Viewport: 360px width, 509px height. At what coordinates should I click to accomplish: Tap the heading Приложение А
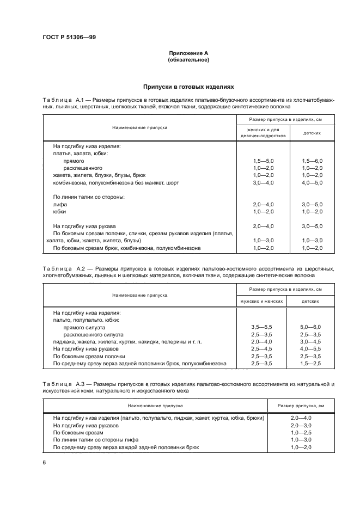[188, 53]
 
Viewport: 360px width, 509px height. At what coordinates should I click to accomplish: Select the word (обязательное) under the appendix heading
[188, 60]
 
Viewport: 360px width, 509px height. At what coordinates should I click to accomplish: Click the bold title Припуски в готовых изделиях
[188, 86]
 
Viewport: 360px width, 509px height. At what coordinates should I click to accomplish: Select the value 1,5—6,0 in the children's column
[312, 162]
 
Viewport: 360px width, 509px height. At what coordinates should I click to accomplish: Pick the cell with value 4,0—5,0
[312, 183]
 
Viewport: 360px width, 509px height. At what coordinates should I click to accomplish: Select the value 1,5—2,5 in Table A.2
[312, 363]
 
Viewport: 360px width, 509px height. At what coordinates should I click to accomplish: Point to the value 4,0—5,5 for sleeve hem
[312, 348]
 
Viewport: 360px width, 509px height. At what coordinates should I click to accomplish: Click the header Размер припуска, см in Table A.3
[301, 406]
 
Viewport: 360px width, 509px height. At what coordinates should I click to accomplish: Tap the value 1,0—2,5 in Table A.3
[301, 432]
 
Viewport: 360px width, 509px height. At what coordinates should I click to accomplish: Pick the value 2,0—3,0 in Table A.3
[301, 425]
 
